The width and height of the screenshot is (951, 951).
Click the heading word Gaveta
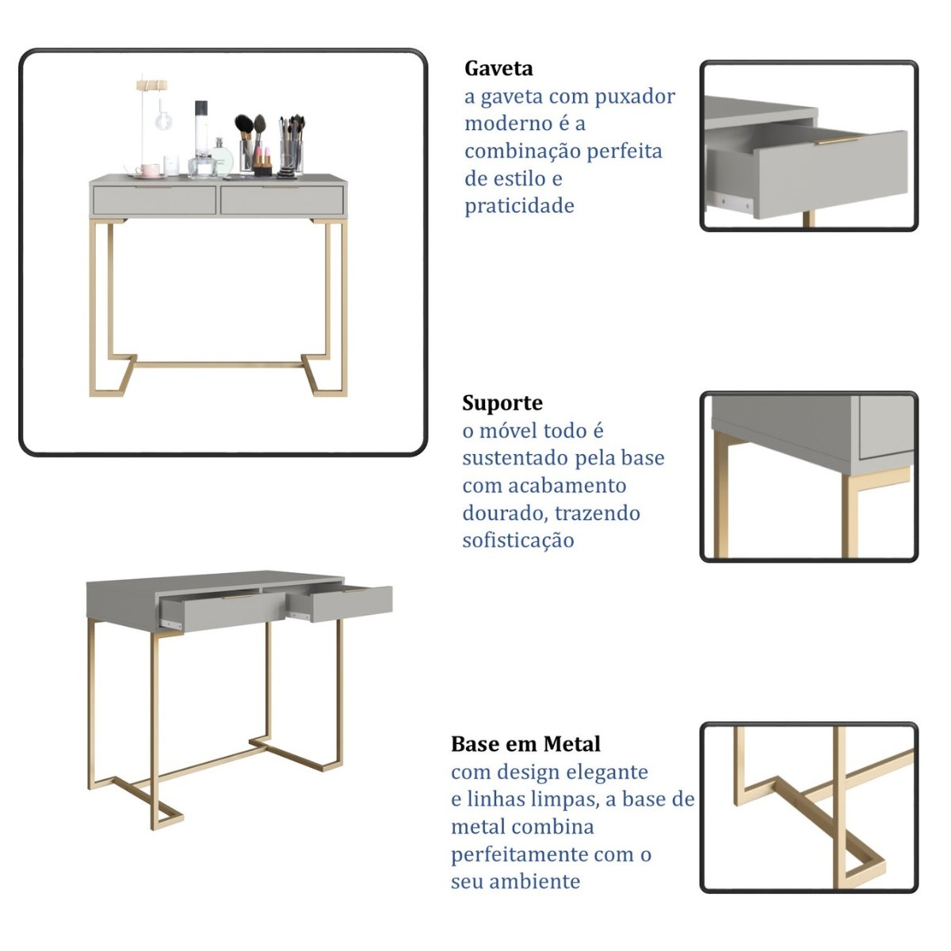(x=498, y=69)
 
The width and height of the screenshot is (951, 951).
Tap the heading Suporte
(x=502, y=403)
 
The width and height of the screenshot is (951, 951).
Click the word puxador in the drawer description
(x=635, y=97)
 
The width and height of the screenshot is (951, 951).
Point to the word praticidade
(x=519, y=207)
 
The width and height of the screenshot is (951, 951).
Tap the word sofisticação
(x=518, y=541)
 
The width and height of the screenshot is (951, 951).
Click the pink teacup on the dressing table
(x=147, y=170)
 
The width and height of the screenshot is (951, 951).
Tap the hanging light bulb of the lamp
(x=163, y=120)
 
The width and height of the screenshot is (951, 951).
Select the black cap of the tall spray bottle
(x=201, y=109)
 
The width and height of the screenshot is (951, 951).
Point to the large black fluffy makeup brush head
(x=244, y=124)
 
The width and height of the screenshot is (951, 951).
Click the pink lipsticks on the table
(x=263, y=157)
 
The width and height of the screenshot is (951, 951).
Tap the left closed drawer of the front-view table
(x=155, y=200)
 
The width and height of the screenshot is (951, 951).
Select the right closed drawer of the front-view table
(x=282, y=200)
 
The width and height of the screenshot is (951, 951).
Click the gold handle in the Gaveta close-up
(x=838, y=140)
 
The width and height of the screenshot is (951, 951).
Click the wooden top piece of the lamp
(x=151, y=84)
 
